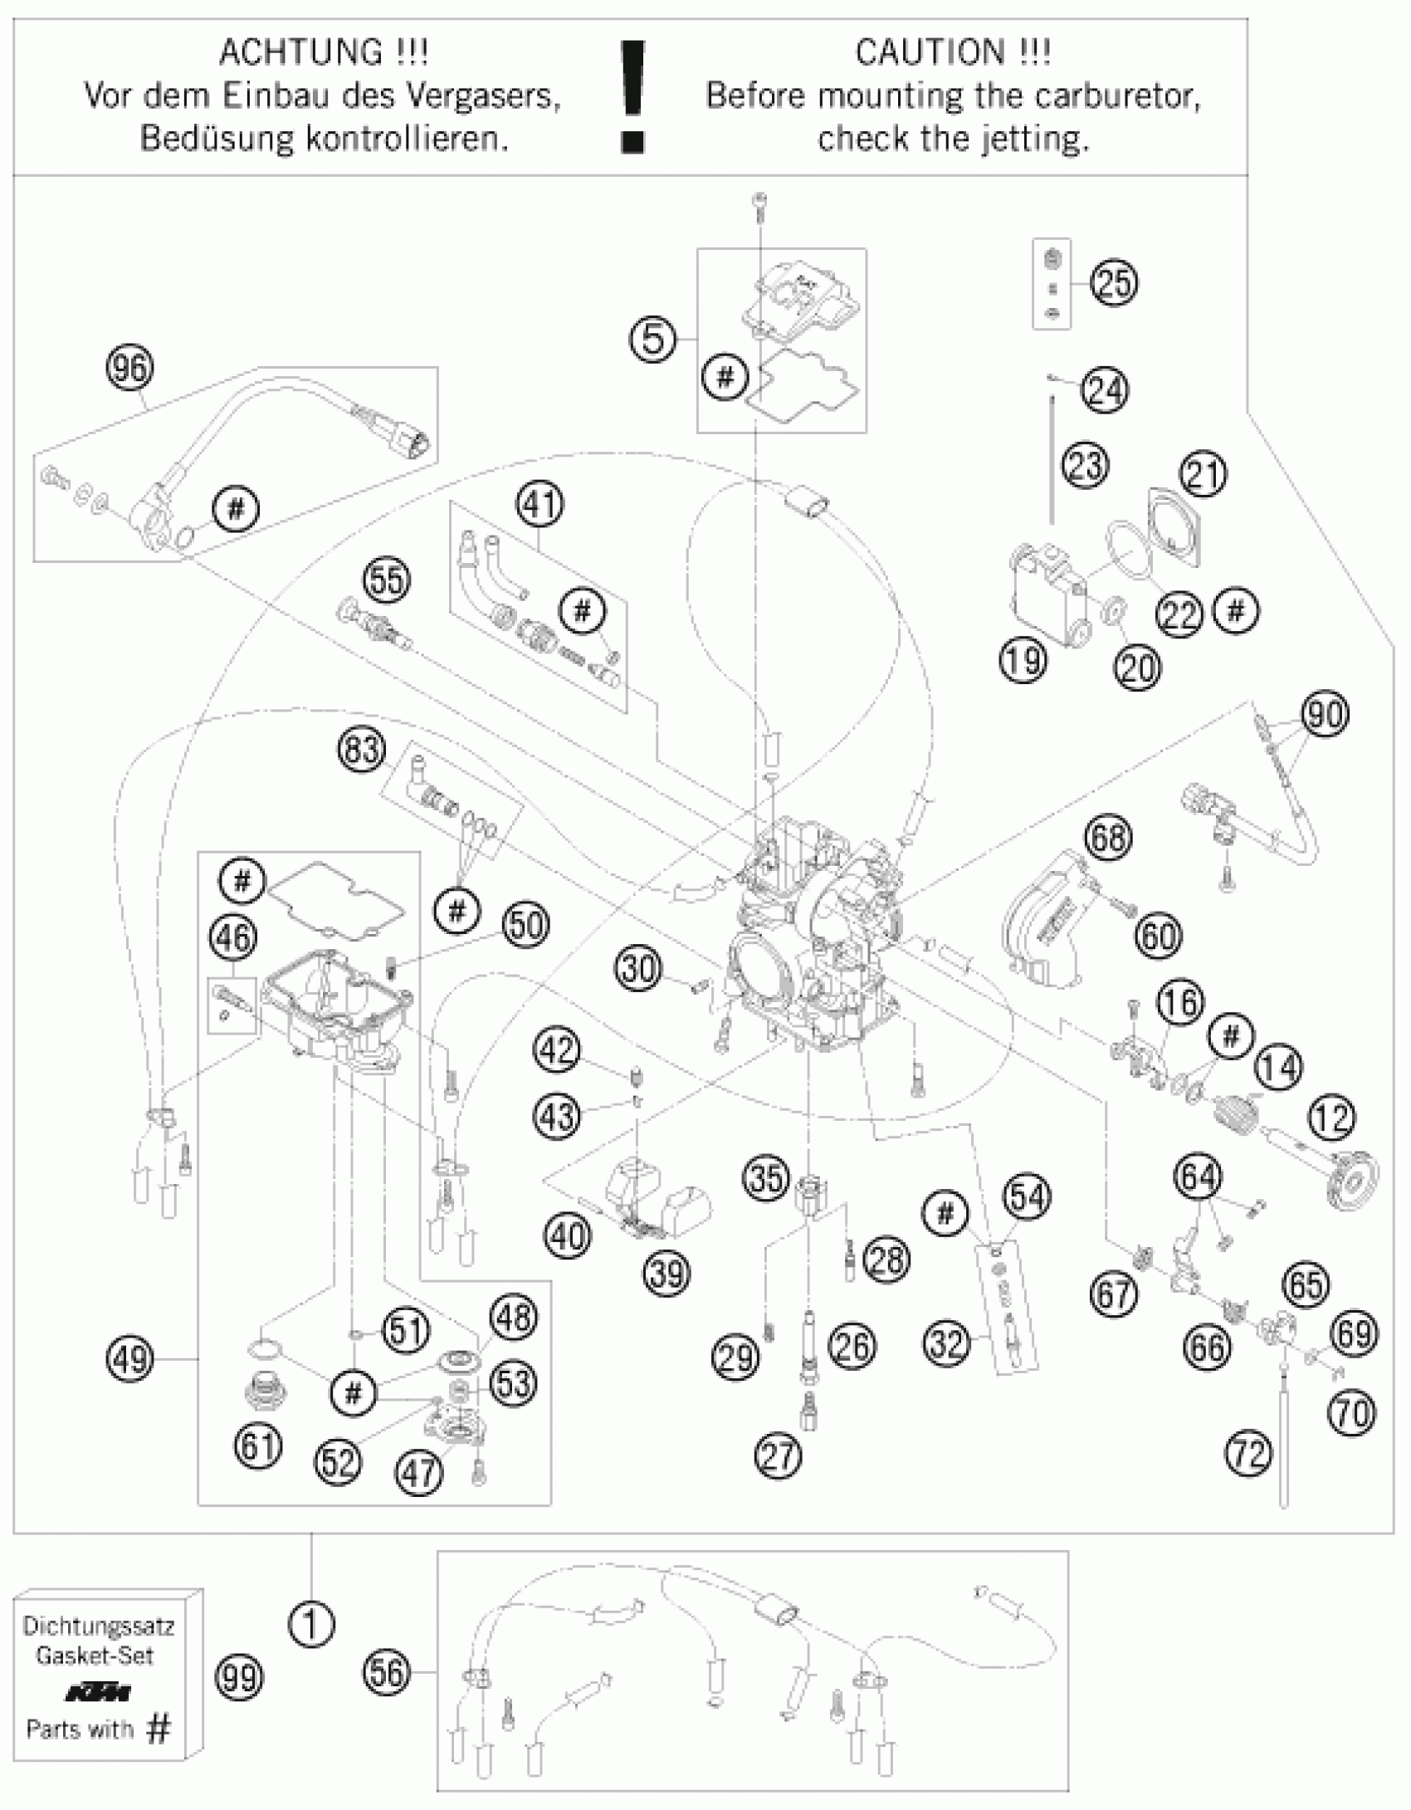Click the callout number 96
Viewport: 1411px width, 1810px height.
pos(130,368)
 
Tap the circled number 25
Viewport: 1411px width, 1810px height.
pos(1114,283)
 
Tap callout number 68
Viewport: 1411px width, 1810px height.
pos(1108,837)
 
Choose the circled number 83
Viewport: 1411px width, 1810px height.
pos(362,751)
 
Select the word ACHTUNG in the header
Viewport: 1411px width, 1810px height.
pos(300,53)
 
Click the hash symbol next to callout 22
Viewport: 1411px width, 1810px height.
pos(1236,611)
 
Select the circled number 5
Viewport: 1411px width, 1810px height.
pos(653,339)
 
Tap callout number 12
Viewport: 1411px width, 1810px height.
pos(1332,1118)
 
